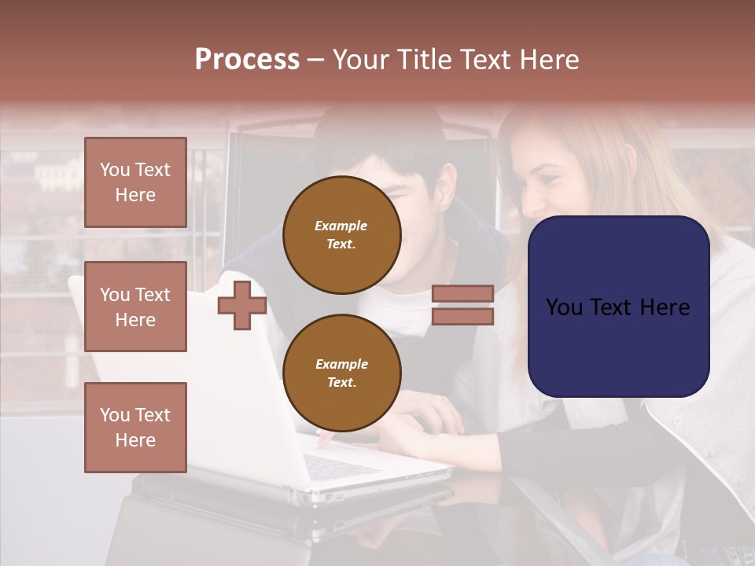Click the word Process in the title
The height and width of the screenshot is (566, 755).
point(247,60)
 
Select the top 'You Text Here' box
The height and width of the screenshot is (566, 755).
point(135,182)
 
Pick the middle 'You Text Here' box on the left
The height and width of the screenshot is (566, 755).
point(135,307)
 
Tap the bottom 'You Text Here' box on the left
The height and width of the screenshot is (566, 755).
point(135,427)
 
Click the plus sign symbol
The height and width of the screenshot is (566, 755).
point(242,305)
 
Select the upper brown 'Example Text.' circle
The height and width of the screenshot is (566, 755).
point(341,235)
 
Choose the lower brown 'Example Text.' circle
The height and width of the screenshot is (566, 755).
point(341,373)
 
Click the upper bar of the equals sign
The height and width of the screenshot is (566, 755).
point(462,294)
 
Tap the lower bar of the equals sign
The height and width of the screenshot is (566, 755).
point(462,316)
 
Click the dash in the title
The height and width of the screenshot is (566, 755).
point(316,60)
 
